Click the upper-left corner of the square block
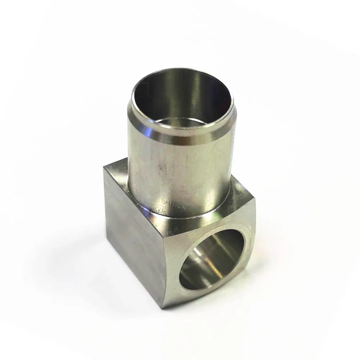pos(105,166)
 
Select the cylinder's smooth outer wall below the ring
pos(187,173)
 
